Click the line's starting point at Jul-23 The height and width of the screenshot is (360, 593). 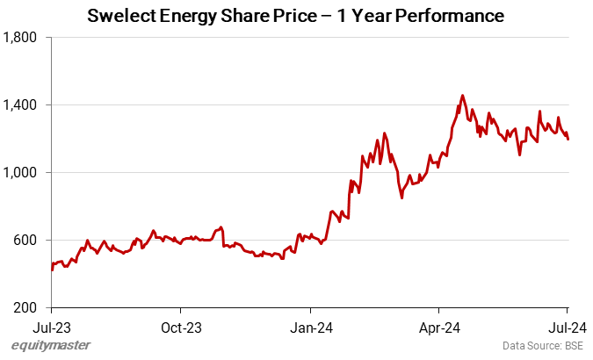[52, 270]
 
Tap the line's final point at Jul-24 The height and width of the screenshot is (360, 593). [568, 139]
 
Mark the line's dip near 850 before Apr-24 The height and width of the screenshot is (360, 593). [401, 198]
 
